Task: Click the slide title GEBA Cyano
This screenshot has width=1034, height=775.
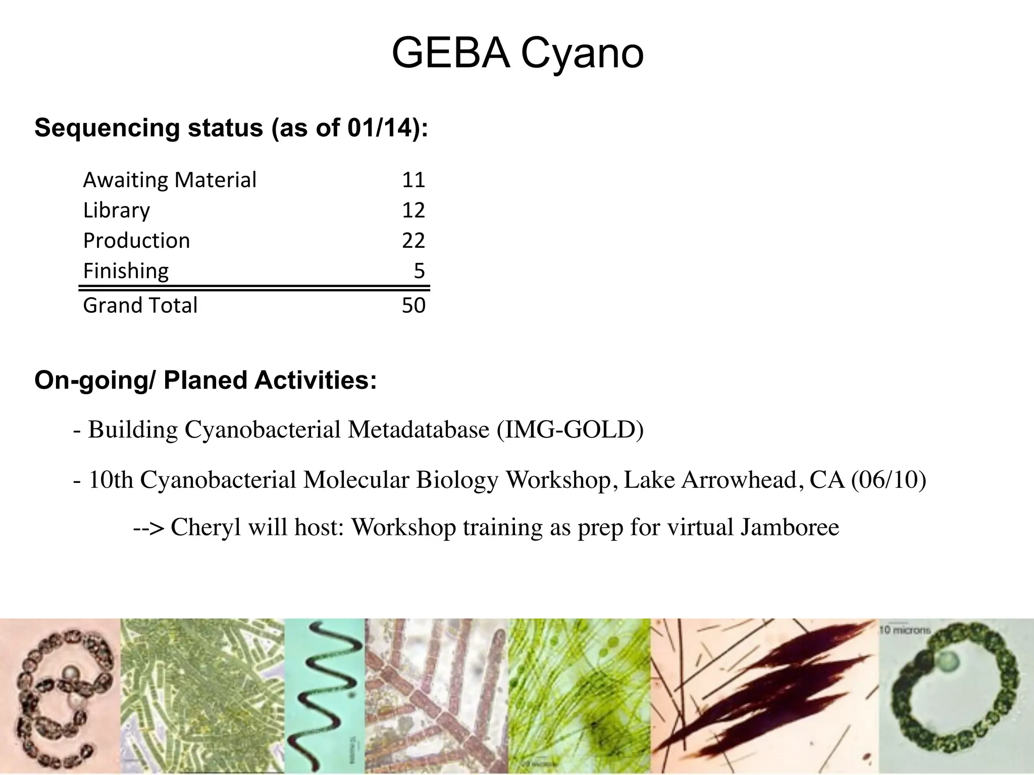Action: (517, 53)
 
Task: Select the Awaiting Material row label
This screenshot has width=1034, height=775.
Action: (170, 180)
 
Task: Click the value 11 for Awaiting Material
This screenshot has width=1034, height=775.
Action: (413, 180)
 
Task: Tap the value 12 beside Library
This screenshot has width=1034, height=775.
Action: (413, 210)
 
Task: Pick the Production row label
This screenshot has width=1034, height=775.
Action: (136, 241)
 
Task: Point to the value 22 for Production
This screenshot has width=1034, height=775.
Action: (413, 241)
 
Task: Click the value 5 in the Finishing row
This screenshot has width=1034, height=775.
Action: (419, 271)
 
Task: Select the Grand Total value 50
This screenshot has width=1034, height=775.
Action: (413, 306)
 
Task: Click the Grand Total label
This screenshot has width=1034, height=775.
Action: (140, 306)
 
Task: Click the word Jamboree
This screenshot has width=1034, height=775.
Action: (789, 528)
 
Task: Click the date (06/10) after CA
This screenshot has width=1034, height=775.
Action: (888, 480)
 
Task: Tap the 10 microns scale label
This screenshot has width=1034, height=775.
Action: (905, 630)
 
